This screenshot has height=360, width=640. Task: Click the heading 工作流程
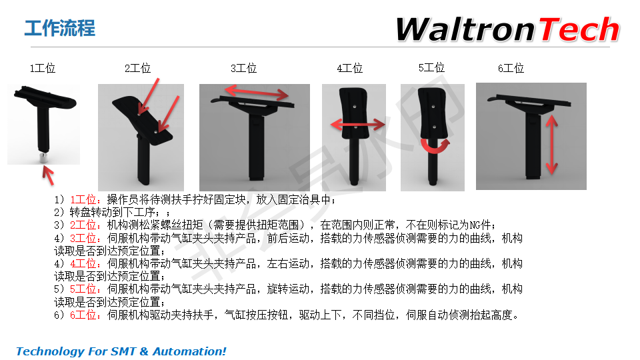(x=59, y=28)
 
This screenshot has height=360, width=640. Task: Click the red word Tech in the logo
(x=579, y=29)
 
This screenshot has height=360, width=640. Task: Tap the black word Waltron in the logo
(x=465, y=29)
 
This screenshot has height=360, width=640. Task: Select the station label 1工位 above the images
(x=43, y=68)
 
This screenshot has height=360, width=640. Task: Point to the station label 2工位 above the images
(x=137, y=68)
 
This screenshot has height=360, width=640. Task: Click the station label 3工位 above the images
(x=244, y=68)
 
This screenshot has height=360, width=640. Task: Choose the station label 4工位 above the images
(x=350, y=68)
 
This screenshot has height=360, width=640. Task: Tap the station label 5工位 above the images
(x=431, y=68)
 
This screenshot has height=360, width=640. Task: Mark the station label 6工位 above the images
(x=511, y=68)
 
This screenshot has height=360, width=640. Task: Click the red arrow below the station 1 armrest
(x=48, y=175)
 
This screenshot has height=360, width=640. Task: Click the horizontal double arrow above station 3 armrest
(x=257, y=92)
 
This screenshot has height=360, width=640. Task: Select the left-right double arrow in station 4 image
(x=358, y=124)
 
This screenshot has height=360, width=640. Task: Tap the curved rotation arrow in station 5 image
(x=435, y=146)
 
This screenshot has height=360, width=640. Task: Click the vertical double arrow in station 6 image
(x=552, y=145)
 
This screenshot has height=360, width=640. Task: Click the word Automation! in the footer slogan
(x=189, y=351)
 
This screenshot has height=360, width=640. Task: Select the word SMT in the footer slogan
(x=123, y=351)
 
